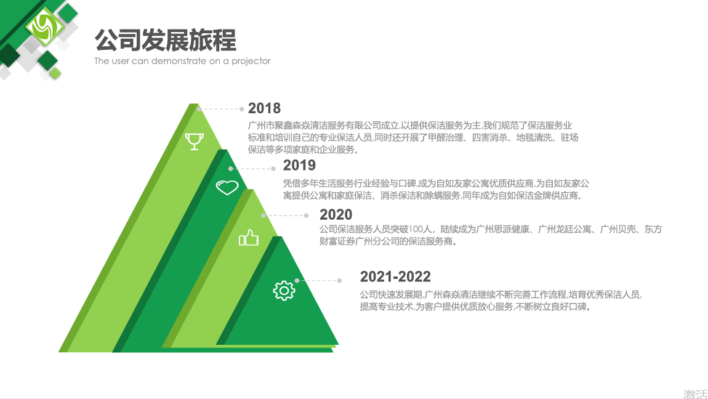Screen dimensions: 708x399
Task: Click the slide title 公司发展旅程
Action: click(x=165, y=40)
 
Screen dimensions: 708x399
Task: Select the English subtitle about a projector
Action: click(x=182, y=61)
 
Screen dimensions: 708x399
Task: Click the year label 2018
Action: click(x=264, y=108)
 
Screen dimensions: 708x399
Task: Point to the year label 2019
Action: click(x=299, y=165)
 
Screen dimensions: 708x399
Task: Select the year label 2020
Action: click(x=336, y=214)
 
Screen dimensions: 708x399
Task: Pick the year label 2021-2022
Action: click(x=395, y=276)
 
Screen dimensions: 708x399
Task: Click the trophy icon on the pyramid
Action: click(x=194, y=141)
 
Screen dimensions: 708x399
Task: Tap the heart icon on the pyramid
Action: click(x=227, y=187)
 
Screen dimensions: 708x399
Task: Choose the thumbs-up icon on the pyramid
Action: click(x=249, y=238)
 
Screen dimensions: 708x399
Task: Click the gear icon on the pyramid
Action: click(x=284, y=291)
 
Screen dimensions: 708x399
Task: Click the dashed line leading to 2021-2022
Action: click(x=318, y=280)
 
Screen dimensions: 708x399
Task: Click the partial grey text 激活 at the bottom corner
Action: click(x=695, y=394)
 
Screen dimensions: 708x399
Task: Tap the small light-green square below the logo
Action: click(x=55, y=73)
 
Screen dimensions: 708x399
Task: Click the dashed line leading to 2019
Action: click(x=252, y=169)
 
